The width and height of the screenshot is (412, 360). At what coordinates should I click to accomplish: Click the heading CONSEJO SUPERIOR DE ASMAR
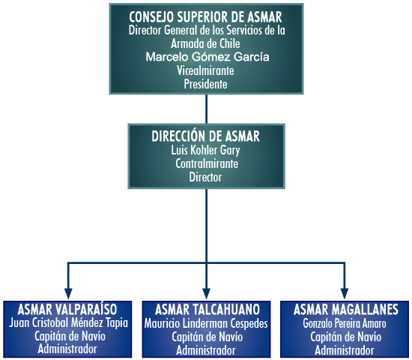click(205, 16)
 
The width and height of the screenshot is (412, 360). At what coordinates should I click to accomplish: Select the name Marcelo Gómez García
click(207, 57)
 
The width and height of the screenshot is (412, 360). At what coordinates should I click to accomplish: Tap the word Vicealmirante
click(205, 70)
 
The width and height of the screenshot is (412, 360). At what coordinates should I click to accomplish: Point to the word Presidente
click(205, 84)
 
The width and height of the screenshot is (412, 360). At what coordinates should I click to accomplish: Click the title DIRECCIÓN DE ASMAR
click(205, 136)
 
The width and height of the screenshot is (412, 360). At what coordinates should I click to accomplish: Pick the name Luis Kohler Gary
click(205, 151)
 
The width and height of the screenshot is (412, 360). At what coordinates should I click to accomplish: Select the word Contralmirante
click(207, 163)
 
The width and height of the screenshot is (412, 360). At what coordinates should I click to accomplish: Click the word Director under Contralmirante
click(205, 177)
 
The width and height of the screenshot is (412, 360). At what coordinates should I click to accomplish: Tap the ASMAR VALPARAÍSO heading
click(67, 310)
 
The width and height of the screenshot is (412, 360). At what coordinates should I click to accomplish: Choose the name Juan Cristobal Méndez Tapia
click(68, 323)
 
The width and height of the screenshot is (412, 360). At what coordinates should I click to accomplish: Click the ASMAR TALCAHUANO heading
click(207, 310)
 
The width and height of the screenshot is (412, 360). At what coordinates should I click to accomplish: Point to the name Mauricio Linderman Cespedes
click(206, 323)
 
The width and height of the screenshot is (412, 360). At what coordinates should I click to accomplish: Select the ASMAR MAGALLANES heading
click(346, 310)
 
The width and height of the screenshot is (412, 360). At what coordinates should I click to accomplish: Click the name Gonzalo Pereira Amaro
click(345, 323)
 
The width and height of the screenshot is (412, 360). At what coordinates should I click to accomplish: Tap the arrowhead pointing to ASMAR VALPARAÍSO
click(68, 294)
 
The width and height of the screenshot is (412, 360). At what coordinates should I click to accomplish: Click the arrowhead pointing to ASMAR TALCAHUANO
click(207, 294)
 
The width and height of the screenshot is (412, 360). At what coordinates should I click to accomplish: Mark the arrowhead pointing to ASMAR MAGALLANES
click(345, 294)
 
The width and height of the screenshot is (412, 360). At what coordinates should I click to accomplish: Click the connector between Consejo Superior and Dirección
click(206, 109)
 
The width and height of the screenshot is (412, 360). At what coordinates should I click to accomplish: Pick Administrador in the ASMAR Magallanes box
click(345, 350)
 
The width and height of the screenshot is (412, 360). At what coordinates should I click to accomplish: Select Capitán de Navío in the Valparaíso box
click(70, 336)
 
